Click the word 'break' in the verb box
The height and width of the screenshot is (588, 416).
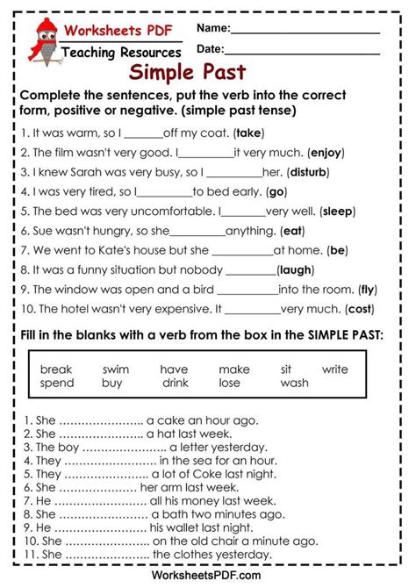coord(56,369)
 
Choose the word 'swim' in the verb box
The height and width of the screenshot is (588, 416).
coord(115,369)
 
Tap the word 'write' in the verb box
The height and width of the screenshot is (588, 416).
coord(334,369)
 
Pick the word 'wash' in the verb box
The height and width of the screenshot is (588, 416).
coord(295,384)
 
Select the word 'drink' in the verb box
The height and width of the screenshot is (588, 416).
coord(176,384)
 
